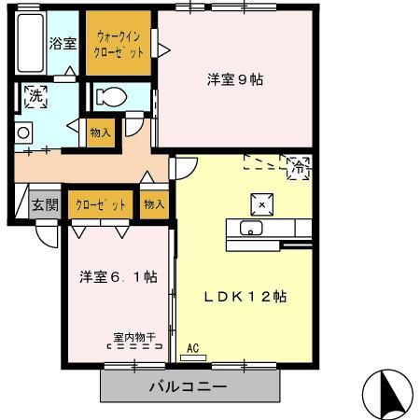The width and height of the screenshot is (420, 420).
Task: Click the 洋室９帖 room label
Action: tap(234, 80)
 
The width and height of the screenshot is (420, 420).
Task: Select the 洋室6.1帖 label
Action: tap(117, 277)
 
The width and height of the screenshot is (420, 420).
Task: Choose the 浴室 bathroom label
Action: tap(63, 43)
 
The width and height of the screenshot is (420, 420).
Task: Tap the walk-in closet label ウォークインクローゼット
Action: tap(119, 44)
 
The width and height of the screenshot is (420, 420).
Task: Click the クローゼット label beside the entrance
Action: tap(100, 203)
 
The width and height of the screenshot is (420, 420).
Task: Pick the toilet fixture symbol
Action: tap(113, 96)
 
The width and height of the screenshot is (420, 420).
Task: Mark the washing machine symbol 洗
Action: tap(35, 95)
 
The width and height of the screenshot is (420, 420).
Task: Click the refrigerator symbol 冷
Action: tap(298, 169)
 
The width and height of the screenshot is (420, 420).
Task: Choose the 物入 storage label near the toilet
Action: tap(99, 133)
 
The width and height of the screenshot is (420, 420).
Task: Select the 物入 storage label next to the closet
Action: tap(154, 203)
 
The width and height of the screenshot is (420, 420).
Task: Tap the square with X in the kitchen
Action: tap(262, 205)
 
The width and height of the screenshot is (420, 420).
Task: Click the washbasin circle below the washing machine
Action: tap(22, 133)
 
